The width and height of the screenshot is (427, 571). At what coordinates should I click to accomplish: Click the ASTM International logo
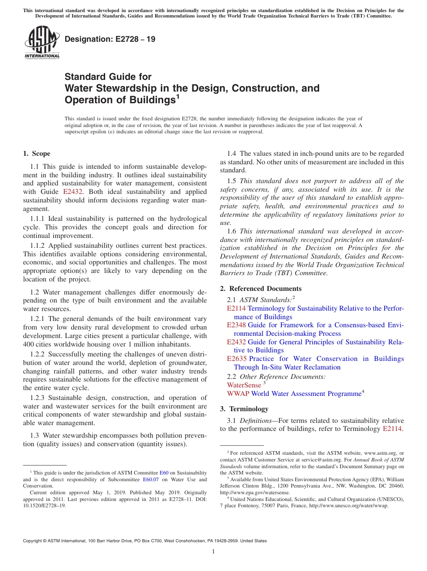coord(41,43)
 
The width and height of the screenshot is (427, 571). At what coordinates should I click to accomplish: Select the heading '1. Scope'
coord(37,154)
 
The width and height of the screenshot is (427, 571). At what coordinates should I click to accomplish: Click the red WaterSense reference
coord(244,385)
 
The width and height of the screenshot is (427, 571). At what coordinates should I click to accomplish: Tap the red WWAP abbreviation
coord(238,394)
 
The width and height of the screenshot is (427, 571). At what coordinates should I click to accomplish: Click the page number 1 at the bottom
coord(213,552)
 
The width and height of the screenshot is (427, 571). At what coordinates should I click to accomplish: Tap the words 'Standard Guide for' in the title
coord(108,77)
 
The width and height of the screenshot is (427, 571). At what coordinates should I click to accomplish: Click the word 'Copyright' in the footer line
coord(32,541)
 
